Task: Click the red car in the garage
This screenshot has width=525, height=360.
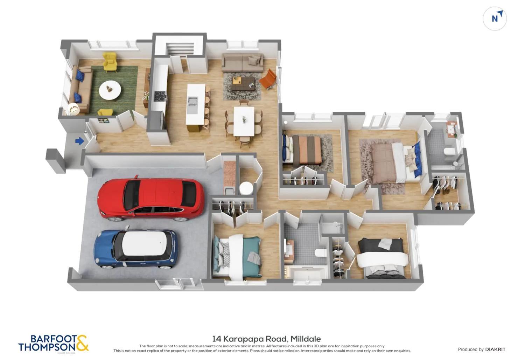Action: pyautogui.click(x=151, y=199)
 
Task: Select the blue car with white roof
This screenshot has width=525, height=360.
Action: pyautogui.click(x=136, y=249)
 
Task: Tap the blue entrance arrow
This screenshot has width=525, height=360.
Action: pyautogui.click(x=79, y=141)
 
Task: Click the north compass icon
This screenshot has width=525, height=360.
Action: pyautogui.click(x=495, y=18)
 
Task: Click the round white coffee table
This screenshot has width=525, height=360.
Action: pyautogui.click(x=110, y=90)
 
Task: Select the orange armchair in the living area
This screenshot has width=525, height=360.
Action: pyautogui.click(x=268, y=79)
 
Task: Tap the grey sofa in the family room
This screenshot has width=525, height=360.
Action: pyautogui.click(x=243, y=62)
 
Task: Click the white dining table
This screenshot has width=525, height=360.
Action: pyautogui.click(x=244, y=121)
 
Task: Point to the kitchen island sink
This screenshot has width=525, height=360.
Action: pyautogui.click(x=192, y=102)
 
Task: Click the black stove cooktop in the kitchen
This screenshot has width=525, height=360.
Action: pyautogui.click(x=160, y=96)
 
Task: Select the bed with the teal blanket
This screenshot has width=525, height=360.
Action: pyautogui.click(x=238, y=257)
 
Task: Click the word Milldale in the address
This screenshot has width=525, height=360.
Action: pyautogui.click(x=306, y=339)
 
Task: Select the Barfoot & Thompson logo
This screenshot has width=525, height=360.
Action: pyautogui.click(x=53, y=343)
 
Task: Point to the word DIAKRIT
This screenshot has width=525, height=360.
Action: pyautogui.click(x=495, y=349)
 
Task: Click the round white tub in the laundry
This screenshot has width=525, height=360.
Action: pyautogui.click(x=246, y=188)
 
